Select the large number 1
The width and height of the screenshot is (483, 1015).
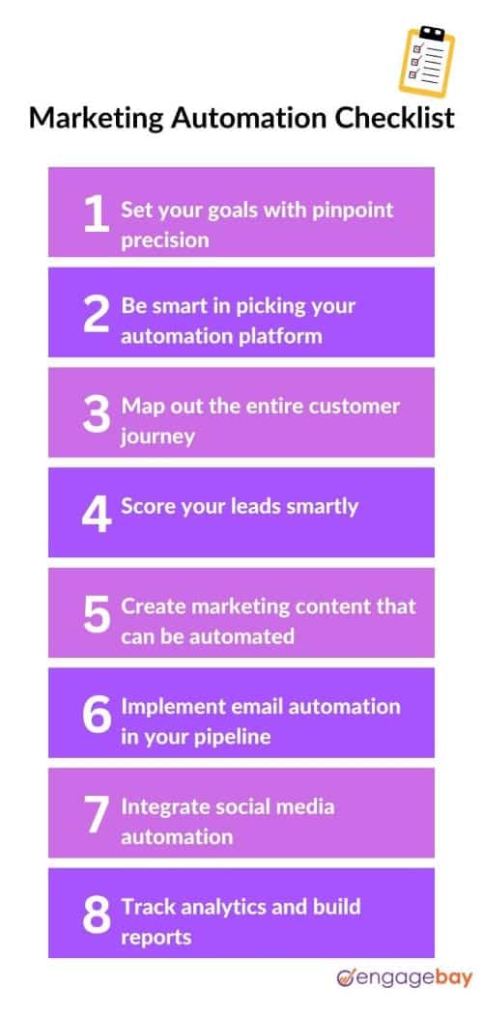tap(95, 213)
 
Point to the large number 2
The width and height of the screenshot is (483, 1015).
tap(95, 314)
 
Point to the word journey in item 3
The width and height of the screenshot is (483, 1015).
tap(157, 437)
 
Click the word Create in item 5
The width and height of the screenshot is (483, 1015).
tap(153, 606)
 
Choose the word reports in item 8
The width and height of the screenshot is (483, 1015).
tap(156, 937)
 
